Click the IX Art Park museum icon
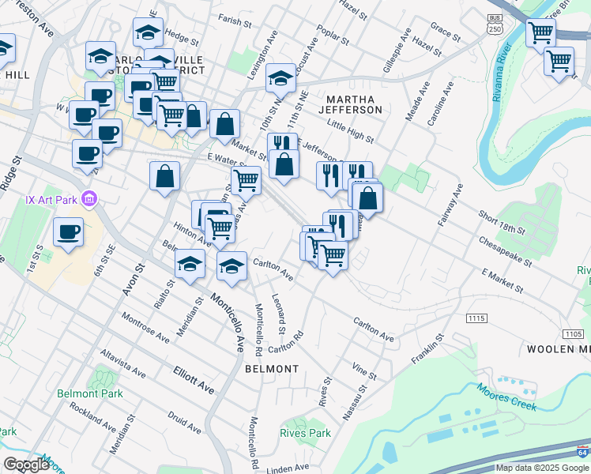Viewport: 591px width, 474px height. coord(90,200)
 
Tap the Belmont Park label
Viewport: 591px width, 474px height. coord(90,393)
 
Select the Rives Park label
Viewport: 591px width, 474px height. coord(305,433)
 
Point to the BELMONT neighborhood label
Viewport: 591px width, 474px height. coord(272,369)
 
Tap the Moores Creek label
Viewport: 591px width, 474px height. coord(506,397)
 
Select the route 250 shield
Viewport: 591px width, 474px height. coord(495,23)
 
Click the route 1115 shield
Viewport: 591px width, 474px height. coord(476,318)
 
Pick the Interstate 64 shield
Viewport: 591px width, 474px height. coord(582,452)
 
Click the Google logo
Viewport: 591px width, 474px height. coord(26,465)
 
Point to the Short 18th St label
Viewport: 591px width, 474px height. coord(502,223)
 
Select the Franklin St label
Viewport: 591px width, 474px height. coord(427,348)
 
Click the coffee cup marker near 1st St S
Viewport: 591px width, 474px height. coord(68,233)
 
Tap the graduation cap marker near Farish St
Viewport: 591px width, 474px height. coord(148,33)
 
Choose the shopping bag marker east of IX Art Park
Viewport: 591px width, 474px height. coord(165,177)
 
